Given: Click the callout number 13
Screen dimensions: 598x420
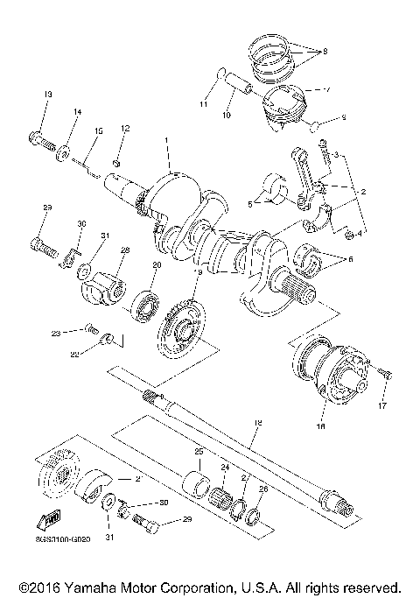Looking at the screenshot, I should pyautogui.click(x=49, y=94).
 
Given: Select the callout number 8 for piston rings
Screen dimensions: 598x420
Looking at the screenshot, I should pyautogui.click(x=325, y=53).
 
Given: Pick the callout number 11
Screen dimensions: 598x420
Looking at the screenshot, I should pyautogui.click(x=203, y=104).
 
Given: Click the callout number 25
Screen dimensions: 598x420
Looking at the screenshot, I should pyautogui.click(x=198, y=451).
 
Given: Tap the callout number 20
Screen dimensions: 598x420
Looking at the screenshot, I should pyautogui.click(x=157, y=264).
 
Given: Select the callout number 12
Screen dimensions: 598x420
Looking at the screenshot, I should pyautogui.click(x=125, y=129).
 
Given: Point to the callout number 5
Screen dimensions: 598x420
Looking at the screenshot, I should pyautogui.click(x=249, y=203).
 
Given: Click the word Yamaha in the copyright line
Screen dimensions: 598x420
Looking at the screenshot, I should pyautogui.click(x=78, y=587).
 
